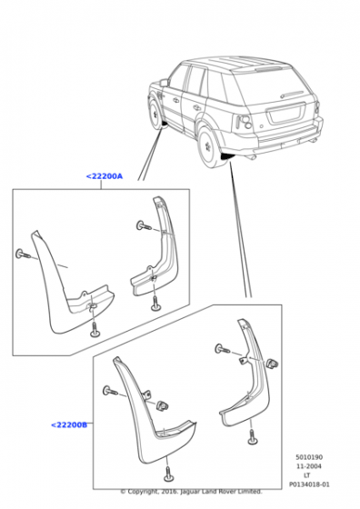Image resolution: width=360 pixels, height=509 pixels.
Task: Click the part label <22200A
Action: pyautogui.click(x=105, y=176)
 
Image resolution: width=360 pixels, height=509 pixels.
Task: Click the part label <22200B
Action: pyautogui.click(x=69, y=424)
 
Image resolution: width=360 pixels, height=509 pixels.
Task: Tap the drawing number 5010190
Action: pyautogui.click(x=309, y=457)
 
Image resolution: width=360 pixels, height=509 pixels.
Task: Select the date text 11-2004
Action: pyautogui.click(x=309, y=466)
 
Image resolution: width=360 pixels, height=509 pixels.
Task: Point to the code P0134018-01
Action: pyautogui.click(x=309, y=484)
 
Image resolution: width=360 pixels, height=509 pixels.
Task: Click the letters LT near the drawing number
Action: pyautogui.click(x=306, y=475)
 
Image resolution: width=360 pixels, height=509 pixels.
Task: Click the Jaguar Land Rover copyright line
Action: pyautogui.click(x=191, y=492)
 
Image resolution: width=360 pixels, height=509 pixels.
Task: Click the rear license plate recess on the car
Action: pyautogui.click(x=286, y=113)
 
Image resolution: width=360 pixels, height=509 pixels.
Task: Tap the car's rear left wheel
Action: pyautogui.click(x=209, y=146)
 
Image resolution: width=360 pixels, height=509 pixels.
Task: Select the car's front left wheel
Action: pyautogui.click(x=155, y=113)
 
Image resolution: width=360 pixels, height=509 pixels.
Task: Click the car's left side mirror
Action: pyautogui.click(x=164, y=83)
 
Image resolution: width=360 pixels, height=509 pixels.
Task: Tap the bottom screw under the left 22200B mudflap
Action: pyautogui.click(x=168, y=474)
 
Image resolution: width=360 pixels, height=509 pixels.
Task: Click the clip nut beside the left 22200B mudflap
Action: pyautogui.click(x=162, y=405)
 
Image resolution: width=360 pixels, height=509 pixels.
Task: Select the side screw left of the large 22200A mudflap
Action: pyautogui.click(x=23, y=254)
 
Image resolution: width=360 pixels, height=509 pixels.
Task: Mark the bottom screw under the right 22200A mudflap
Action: pyautogui.click(x=155, y=304)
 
